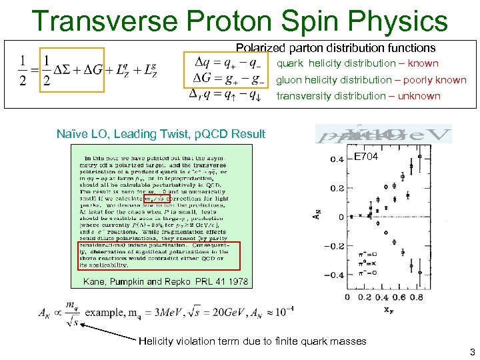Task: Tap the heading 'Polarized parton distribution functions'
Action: tap(336, 48)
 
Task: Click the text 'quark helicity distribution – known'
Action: tap(357, 64)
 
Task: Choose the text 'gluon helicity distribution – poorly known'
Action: tap(371, 80)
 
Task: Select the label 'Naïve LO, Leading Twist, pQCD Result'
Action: tap(161, 134)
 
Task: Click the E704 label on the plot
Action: tap(366, 157)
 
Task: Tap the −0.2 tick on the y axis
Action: tap(334, 246)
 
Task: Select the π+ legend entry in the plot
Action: tap(359, 255)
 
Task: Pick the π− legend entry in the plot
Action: tap(359, 272)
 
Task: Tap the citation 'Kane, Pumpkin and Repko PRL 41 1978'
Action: tap(165, 282)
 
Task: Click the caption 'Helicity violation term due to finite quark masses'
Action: tap(252, 341)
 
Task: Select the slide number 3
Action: tap(471, 352)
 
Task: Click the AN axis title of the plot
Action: tap(317, 216)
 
